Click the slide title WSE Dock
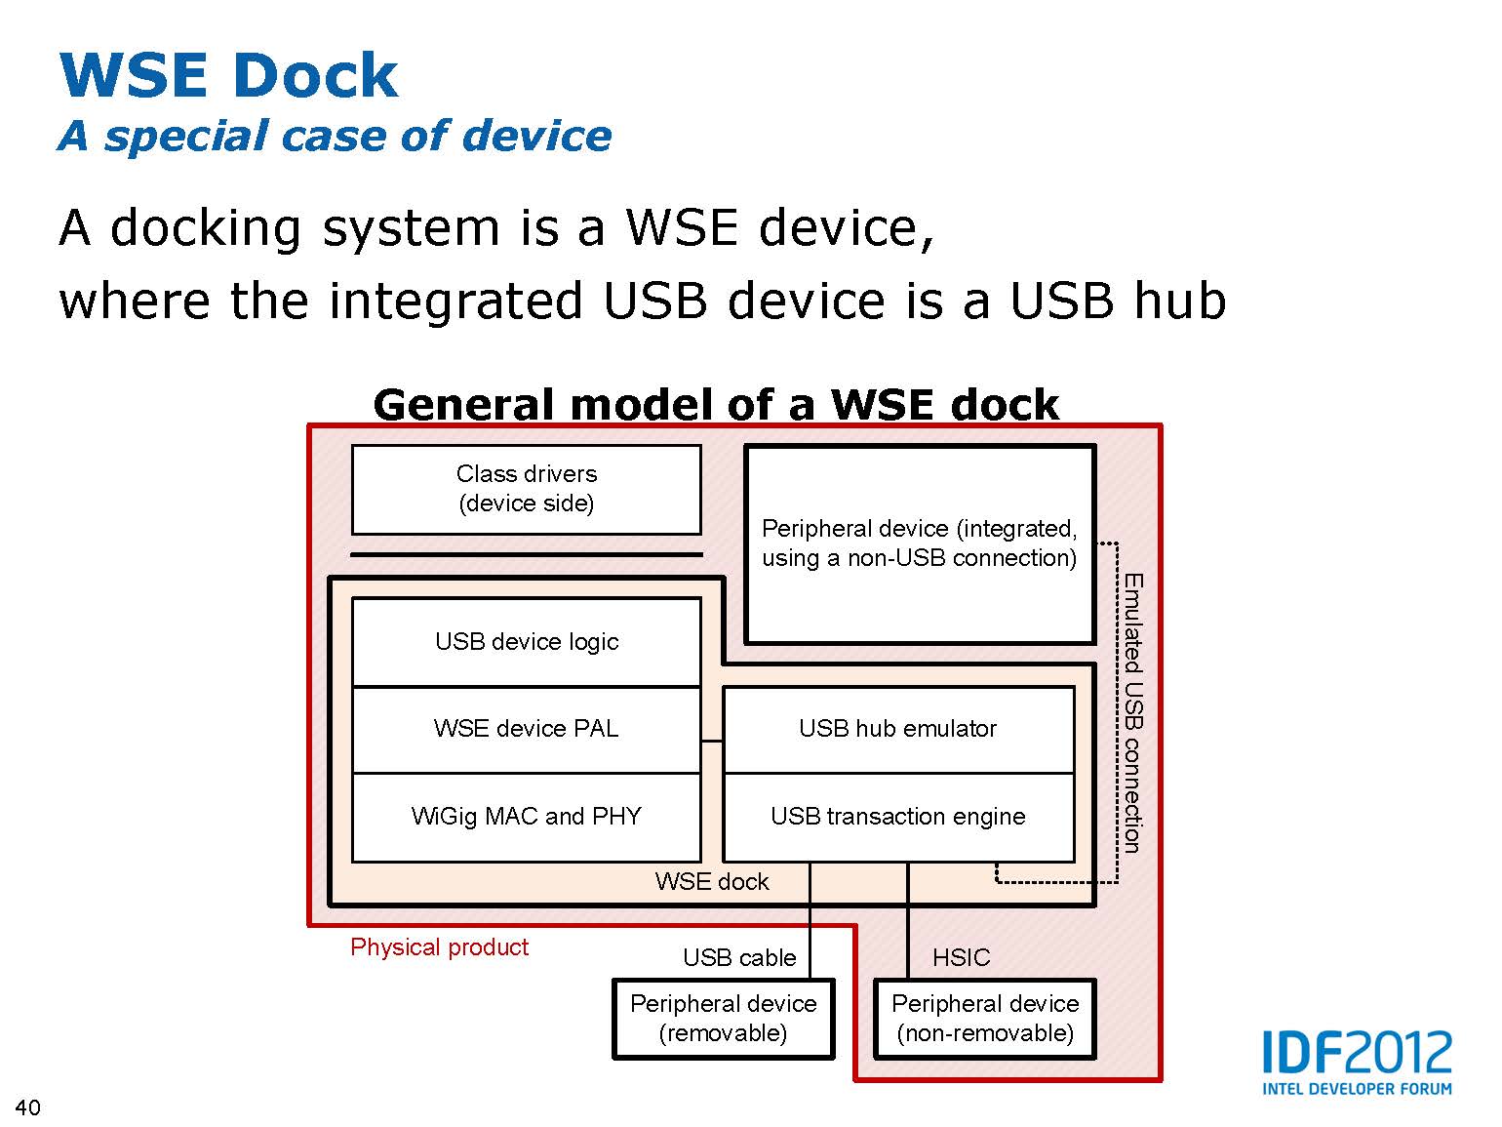tap(228, 75)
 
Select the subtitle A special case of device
tap(335, 136)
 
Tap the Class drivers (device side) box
tap(527, 489)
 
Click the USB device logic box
tap(527, 642)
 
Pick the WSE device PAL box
tap(527, 729)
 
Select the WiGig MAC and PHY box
tap(527, 817)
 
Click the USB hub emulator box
tap(897, 729)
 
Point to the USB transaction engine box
tap(897, 817)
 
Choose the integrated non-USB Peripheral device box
tap(919, 543)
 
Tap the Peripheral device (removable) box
tap(723, 1019)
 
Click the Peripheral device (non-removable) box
tap(985, 1019)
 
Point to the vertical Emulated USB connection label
tap(1133, 713)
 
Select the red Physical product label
tap(439, 947)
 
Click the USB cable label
tap(739, 958)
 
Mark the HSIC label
tap(961, 958)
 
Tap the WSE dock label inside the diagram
tap(712, 882)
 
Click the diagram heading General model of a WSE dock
tap(716, 404)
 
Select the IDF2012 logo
tap(1357, 1062)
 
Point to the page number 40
tap(28, 1107)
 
